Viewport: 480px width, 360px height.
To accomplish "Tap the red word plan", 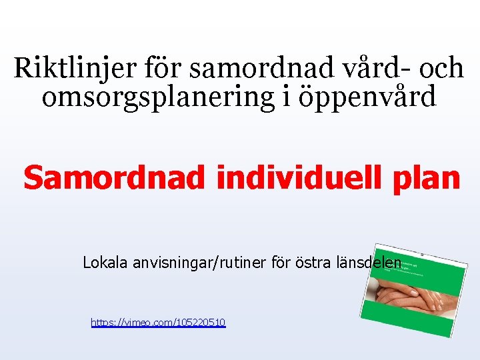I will (x=428, y=178).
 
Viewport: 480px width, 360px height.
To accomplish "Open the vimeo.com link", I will (x=158, y=323).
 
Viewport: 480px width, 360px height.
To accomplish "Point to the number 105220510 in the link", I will (x=200, y=323).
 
